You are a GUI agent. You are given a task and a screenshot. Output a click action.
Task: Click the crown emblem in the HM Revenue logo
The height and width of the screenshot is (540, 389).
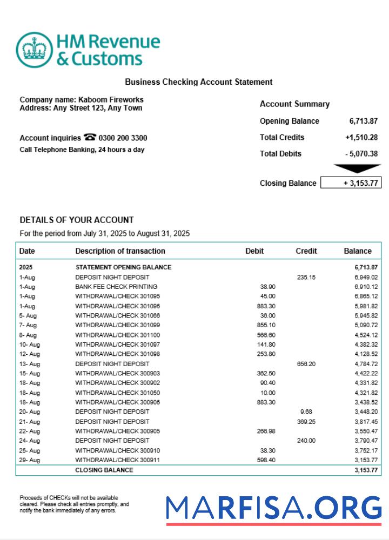35,50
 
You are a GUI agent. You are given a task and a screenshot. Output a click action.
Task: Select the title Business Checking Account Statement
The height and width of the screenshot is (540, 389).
198,82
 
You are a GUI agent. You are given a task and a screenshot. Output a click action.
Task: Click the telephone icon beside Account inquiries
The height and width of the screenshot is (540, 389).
89,138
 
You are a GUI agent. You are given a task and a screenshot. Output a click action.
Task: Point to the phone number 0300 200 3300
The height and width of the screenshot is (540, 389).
123,138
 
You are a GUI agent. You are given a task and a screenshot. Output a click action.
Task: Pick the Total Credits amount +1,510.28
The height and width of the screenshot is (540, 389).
361,137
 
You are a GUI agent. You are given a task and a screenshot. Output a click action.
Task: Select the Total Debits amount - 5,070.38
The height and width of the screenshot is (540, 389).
361,154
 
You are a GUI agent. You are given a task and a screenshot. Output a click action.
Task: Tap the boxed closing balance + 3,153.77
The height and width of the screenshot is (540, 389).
351,183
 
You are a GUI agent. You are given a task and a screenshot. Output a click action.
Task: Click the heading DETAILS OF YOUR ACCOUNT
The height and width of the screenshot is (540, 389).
77,220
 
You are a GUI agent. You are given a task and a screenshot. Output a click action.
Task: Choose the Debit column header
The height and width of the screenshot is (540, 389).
254,251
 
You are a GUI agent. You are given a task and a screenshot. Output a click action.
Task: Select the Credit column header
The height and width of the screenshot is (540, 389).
306,251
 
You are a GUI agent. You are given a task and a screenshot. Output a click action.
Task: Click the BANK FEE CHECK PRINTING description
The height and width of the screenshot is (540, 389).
116,287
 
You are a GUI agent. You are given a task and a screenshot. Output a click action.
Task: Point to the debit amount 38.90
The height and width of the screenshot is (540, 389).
267,287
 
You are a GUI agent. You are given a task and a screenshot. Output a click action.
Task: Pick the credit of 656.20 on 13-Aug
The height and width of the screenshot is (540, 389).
306,364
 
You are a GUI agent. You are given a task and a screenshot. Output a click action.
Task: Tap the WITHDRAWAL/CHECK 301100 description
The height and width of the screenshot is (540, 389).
113,335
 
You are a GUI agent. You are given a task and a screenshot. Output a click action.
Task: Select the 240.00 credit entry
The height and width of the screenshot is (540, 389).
306,441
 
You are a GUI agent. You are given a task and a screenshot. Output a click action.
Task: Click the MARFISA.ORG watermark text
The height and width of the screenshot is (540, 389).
273,509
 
